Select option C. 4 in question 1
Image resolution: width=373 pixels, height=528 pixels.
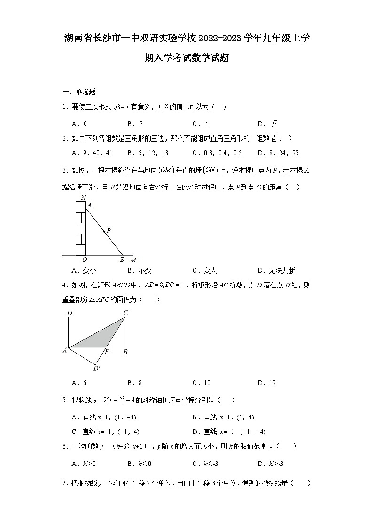(x=200, y=124)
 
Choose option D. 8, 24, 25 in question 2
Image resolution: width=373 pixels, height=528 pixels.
(x=278, y=153)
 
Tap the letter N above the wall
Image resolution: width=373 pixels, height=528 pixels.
(x=83, y=197)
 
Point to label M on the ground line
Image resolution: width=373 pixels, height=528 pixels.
(x=133, y=260)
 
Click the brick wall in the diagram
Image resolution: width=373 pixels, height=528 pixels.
(x=81, y=229)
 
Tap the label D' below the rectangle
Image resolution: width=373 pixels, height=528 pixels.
(x=96, y=369)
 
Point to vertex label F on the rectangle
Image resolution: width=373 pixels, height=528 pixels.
(x=107, y=352)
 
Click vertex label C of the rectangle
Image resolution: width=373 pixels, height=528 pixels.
(x=125, y=313)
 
